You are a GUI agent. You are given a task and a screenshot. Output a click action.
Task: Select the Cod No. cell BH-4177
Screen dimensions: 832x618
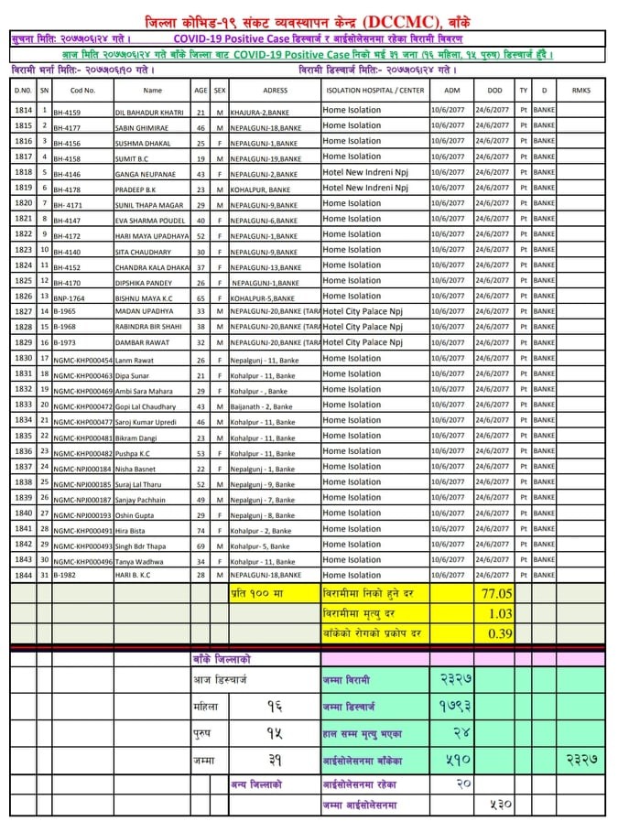pos(67,126)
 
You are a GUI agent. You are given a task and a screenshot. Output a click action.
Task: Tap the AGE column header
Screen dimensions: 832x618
pos(201,91)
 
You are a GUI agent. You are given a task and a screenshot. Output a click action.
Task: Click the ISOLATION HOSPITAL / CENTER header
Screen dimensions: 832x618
pos(374,91)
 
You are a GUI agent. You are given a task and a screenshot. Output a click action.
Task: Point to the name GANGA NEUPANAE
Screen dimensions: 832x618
pos(144,173)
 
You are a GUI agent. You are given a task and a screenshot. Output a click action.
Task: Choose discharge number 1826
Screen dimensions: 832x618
pos(24,296)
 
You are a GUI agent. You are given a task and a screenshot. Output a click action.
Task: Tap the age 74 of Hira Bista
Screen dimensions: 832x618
pos(201,529)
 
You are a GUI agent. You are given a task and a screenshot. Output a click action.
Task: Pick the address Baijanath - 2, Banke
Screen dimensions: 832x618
pos(263,405)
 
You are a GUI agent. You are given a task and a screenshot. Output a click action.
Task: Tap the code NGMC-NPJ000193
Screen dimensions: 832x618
pos(82,514)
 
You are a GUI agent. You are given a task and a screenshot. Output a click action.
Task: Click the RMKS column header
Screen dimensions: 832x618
pos(580,91)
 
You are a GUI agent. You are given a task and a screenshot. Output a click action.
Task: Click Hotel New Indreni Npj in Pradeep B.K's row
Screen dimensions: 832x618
pos(365,188)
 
